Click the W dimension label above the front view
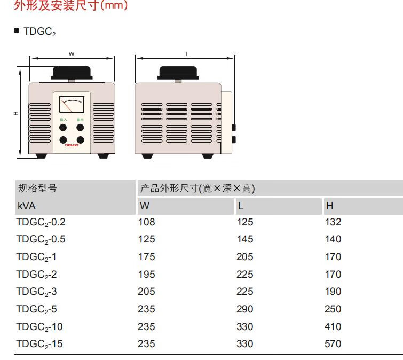71,54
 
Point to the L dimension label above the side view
187,54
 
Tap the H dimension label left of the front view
16,114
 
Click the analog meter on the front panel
71,105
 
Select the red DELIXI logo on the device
72,144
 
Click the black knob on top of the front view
71,72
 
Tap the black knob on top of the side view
178,72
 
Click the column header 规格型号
37,188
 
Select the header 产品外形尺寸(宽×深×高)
197,188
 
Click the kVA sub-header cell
26,206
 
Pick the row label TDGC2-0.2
41,223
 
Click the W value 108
146,222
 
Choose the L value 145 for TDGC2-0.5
245,239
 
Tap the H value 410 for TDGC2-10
333,326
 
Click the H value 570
333,344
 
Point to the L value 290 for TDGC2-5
245,309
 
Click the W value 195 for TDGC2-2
146,274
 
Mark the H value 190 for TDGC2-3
333,292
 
